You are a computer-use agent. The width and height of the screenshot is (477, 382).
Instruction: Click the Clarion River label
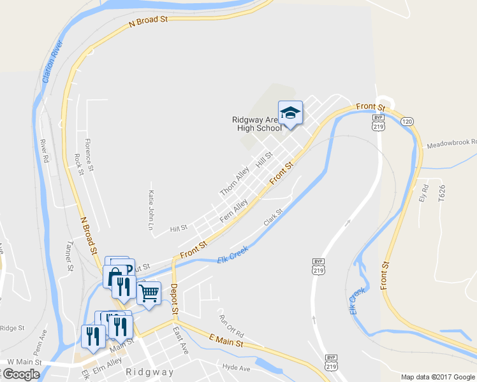pyautogui.click(x=53, y=62)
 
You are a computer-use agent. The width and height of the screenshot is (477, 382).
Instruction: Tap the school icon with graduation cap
pyautogui.click(x=290, y=113)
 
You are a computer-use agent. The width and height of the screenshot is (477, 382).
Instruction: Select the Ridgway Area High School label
pyautogui.click(x=256, y=124)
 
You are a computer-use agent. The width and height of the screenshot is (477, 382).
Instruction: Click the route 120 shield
pyautogui.click(x=407, y=121)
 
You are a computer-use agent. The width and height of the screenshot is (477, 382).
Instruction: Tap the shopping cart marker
pyautogui.click(x=148, y=294)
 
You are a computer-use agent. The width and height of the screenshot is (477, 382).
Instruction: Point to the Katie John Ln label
pyautogui.click(x=151, y=209)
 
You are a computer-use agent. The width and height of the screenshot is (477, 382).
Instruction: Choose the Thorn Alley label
pyautogui.click(x=233, y=182)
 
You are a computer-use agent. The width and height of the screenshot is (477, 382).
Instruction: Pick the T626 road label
pyautogui.click(x=441, y=193)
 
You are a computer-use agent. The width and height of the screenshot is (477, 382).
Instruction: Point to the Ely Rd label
pyautogui.click(x=423, y=193)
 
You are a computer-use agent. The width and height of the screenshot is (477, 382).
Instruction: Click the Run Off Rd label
pyautogui.click(x=231, y=326)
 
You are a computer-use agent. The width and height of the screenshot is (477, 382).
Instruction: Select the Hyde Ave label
pyautogui.click(x=236, y=367)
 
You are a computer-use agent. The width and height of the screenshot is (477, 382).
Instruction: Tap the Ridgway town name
pyautogui.click(x=149, y=372)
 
